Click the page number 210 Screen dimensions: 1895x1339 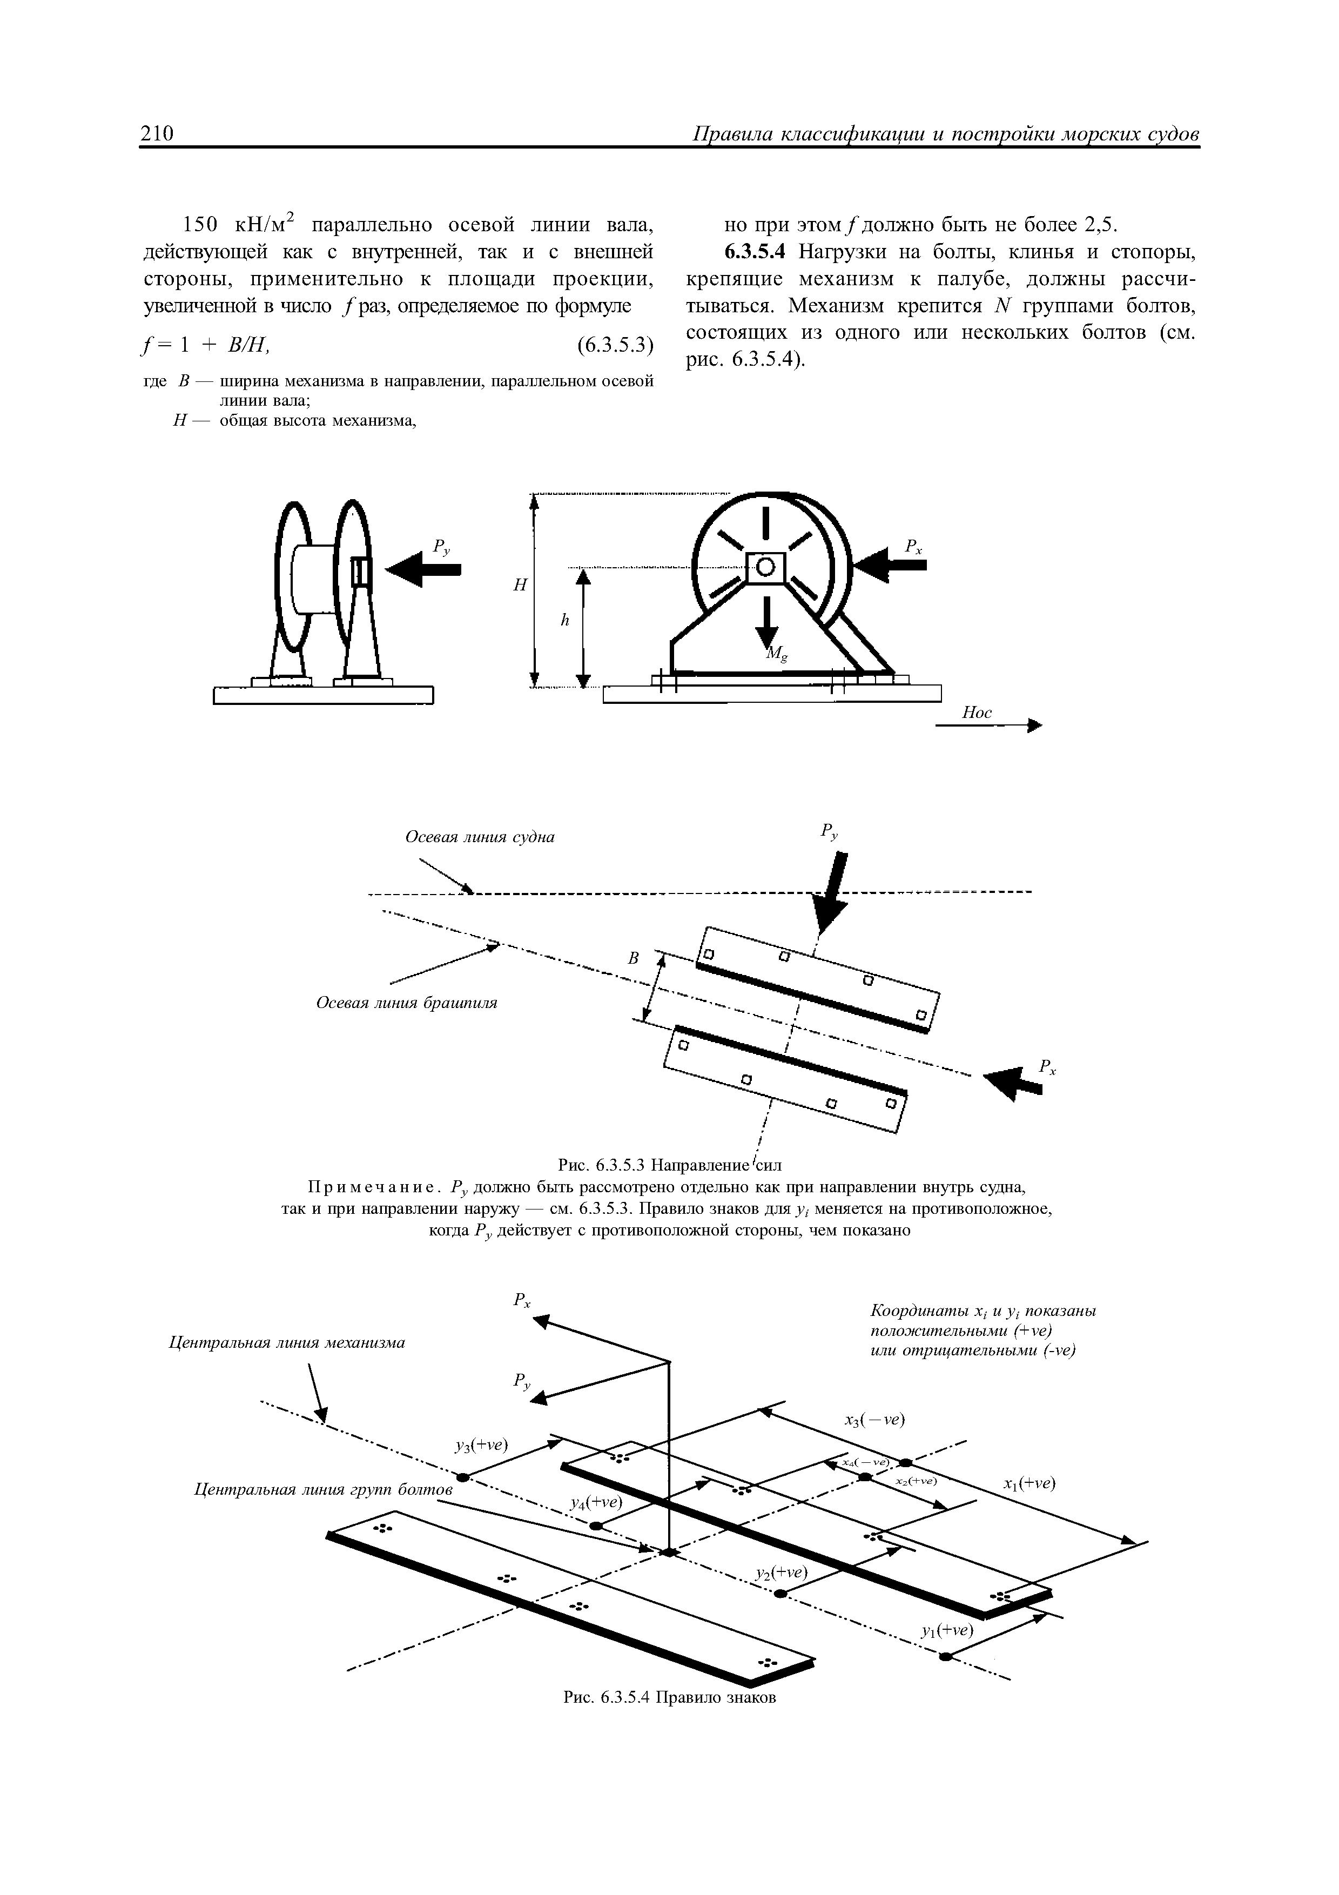click(157, 134)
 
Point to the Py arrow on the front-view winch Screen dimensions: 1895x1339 click(423, 569)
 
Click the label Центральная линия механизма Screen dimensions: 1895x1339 click(287, 1343)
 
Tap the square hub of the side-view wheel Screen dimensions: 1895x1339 click(765, 566)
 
